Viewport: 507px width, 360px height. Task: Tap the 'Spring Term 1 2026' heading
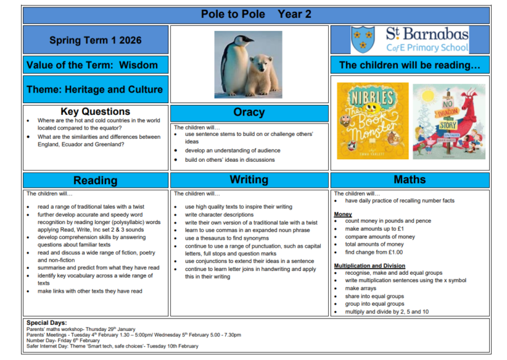(96, 40)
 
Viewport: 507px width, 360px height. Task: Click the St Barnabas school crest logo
(363, 39)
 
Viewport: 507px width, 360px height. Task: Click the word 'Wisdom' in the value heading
(139, 65)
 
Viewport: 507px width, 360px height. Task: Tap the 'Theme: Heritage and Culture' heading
(94, 89)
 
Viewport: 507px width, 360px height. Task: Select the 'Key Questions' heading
(95, 112)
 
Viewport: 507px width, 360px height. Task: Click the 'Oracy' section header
(249, 112)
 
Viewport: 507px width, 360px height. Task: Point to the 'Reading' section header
(95, 180)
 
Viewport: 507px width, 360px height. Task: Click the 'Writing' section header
(249, 180)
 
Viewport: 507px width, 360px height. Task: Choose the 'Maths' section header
(409, 180)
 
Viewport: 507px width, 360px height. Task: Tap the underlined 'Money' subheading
(343, 215)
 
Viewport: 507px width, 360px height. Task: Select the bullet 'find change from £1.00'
(374, 252)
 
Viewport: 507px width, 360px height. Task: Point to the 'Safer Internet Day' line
(112, 346)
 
